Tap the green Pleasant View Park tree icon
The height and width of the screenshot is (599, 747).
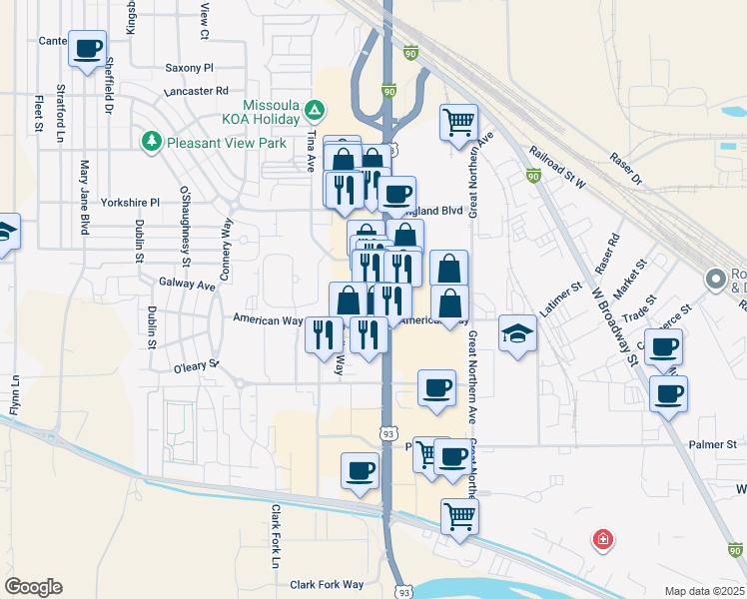coord(152,142)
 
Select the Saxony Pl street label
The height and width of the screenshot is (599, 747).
coord(190,68)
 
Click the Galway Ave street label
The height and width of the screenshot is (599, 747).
coord(187,285)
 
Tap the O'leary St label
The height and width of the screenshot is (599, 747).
coord(196,365)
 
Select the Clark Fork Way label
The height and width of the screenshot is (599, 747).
coord(327,585)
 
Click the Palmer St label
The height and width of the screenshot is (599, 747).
coord(716,444)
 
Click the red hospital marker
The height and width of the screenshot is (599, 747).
coord(603,540)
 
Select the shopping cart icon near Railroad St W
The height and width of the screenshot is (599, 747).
coord(458,122)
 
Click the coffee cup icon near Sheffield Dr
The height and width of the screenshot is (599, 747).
coord(87,47)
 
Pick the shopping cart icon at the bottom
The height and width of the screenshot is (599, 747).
coord(459,516)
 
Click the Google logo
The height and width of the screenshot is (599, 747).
coord(33,587)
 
